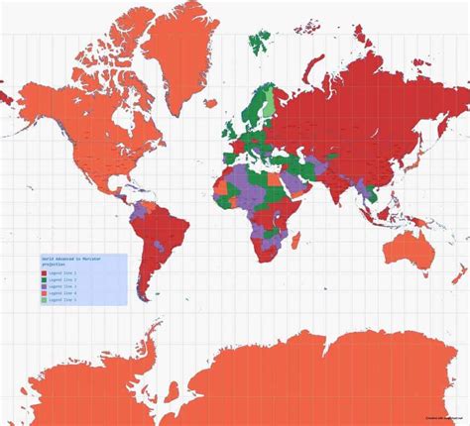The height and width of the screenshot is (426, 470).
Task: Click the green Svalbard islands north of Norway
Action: pyautogui.click(x=261, y=41)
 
